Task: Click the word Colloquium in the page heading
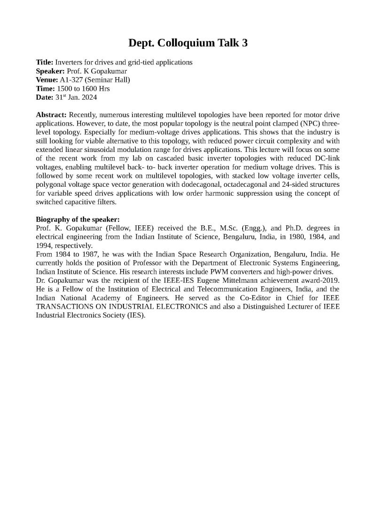[188, 43]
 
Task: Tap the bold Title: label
[45, 62]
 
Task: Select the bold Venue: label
[47, 79]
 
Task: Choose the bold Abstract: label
[51, 115]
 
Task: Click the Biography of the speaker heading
[78, 219]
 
